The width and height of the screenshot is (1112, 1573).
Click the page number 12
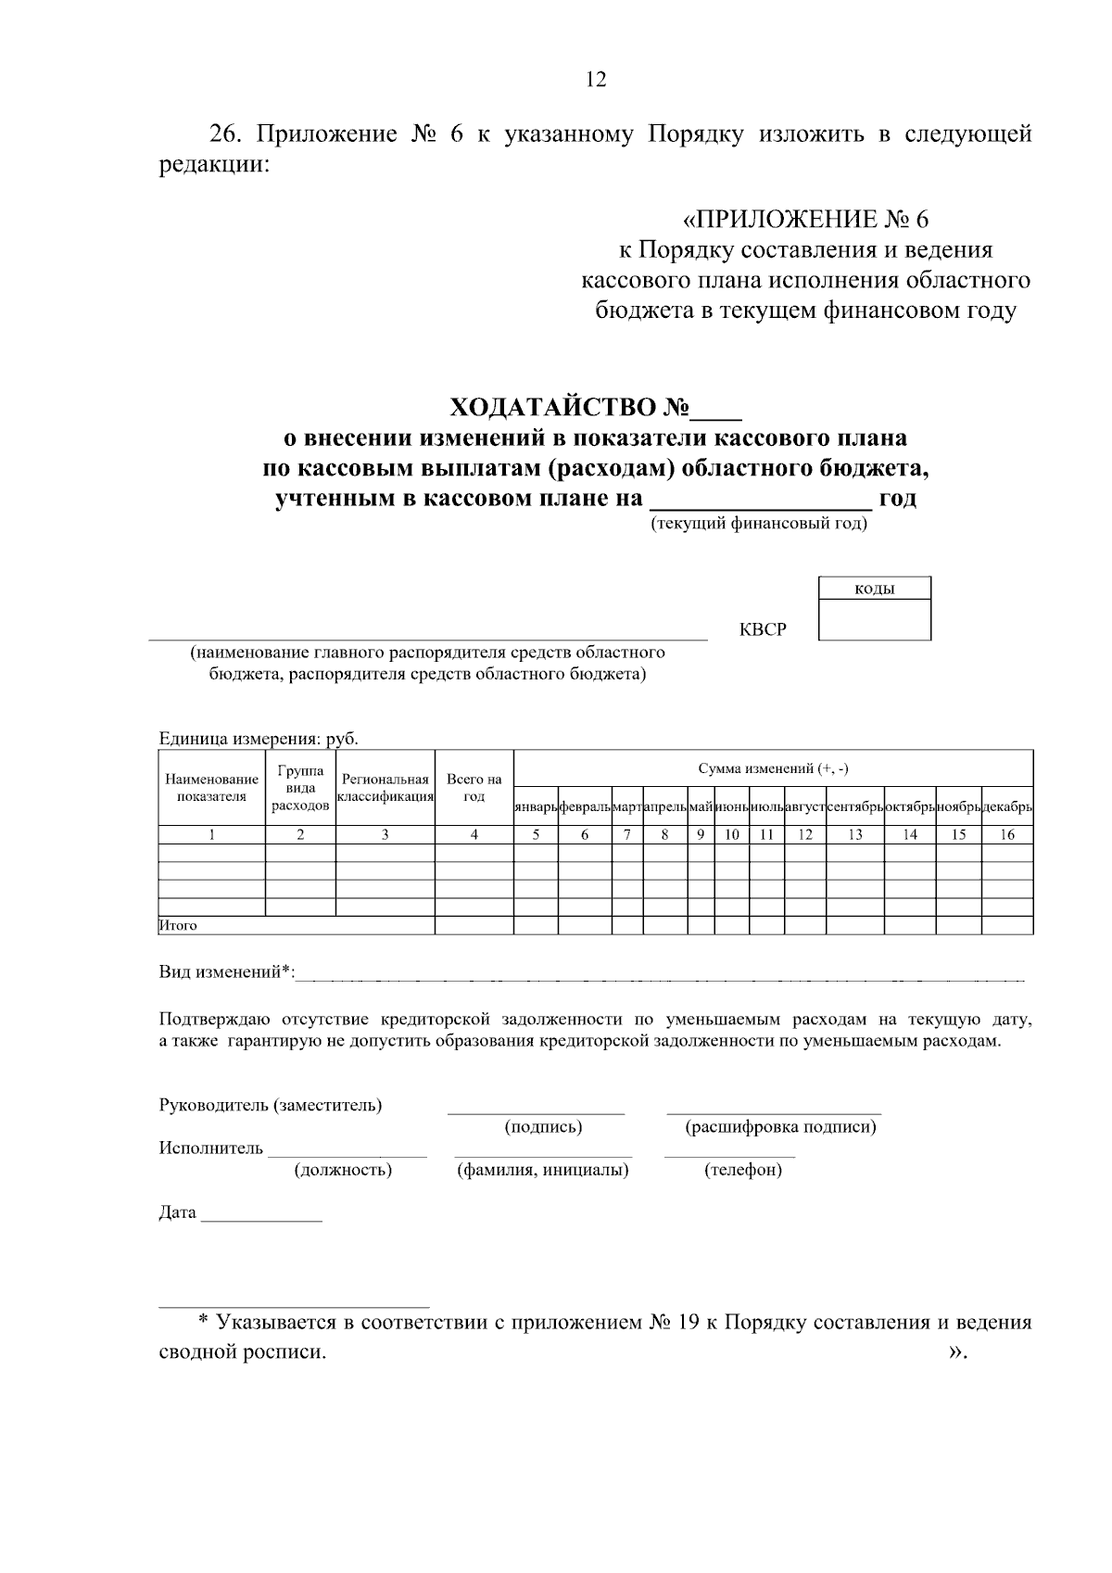[x=596, y=80]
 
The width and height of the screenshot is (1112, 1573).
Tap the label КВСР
[x=763, y=630]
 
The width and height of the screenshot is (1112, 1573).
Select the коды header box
[x=874, y=589]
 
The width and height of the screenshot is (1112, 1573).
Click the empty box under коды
[x=874, y=619]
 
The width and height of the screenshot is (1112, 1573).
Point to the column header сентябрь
[x=854, y=808]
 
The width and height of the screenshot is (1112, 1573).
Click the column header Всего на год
[x=474, y=788]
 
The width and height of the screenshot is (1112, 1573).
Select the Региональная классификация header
[x=385, y=788]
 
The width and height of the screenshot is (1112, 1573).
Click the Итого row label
[x=179, y=925]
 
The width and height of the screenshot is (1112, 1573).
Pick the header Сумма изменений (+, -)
[x=772, y=768]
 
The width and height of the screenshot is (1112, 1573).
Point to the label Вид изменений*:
[x=227, y=971]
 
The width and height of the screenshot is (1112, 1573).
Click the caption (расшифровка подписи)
[x=780, y=1127]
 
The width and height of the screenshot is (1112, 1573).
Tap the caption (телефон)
[x=743, y=1170]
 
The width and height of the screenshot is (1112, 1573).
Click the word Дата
[x=178, y=1212]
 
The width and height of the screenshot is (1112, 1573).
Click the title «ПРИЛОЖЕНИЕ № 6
[x=804, y=220]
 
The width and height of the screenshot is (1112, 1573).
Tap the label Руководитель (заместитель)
[x=271, y=1105]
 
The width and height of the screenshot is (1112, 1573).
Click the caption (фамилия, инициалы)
[x=543, y=1170]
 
